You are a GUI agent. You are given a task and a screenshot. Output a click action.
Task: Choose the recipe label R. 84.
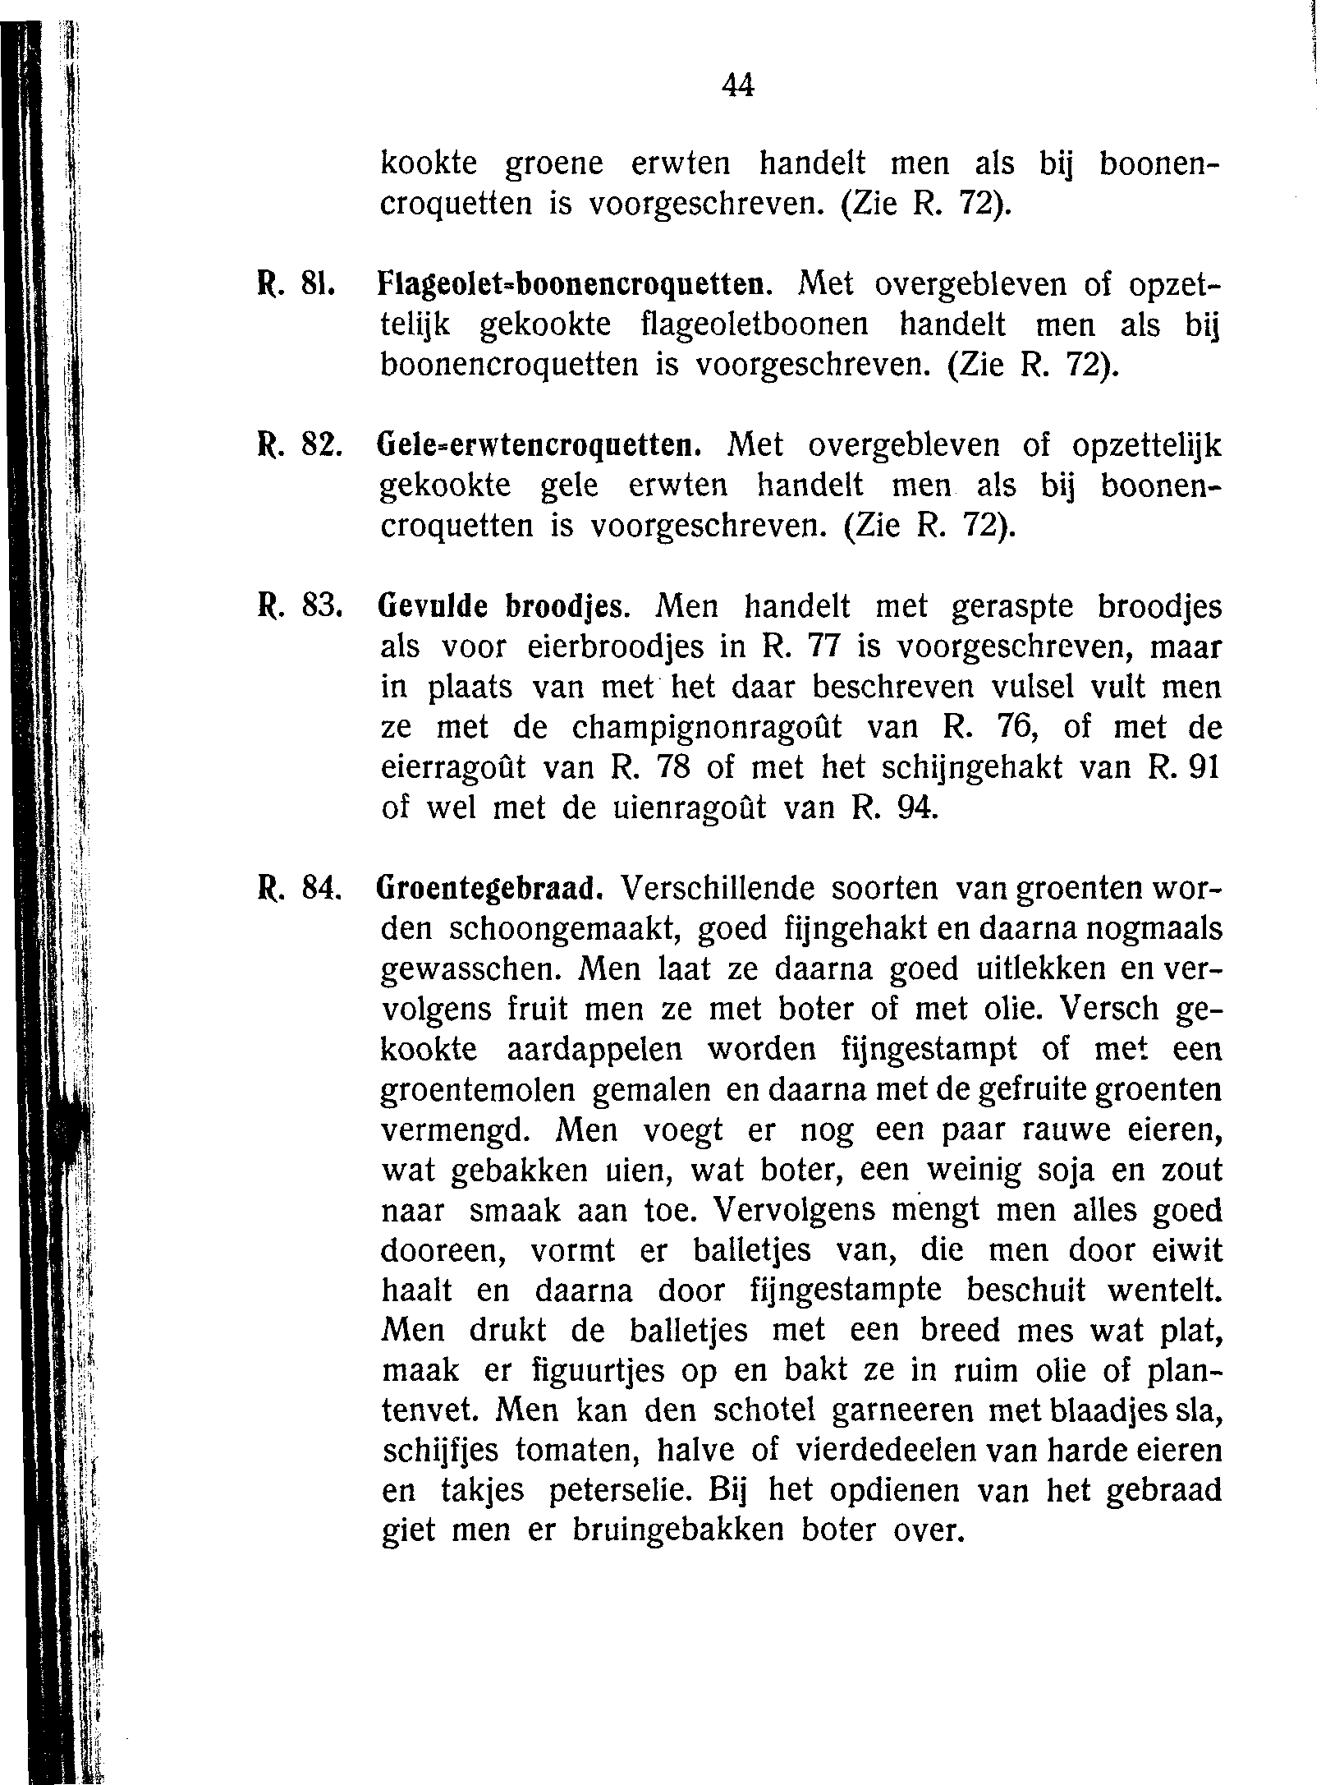click(292, 889)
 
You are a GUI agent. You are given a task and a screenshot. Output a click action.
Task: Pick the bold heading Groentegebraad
click(494, 889)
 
